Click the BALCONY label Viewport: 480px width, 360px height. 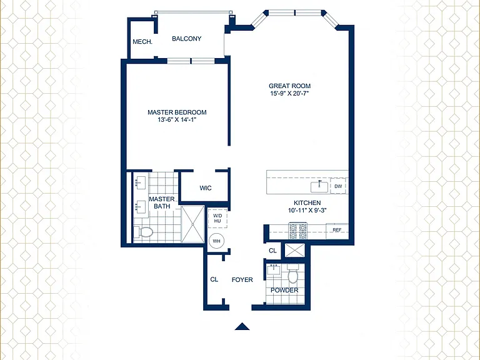point(186,39)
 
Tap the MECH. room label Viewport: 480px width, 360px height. point(142,42)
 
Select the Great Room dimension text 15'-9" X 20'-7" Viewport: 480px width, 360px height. point(289,94)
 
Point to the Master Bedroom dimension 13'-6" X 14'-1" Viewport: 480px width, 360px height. point(177,120)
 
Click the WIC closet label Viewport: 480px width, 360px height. point(206,188)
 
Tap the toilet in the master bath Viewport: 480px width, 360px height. point(143,232)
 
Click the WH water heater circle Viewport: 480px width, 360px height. point(216,241)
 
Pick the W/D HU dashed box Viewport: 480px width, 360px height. point(217,218)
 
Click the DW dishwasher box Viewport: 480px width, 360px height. point(338,186)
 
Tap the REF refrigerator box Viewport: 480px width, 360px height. point(337,230)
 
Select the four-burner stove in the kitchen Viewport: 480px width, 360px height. point(298,231)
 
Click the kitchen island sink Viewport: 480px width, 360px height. point(319,187)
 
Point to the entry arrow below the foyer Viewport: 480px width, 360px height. point(242,327)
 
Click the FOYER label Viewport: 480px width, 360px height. point(242,280)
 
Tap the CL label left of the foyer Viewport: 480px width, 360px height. point(214,279)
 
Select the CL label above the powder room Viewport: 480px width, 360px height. point(272,251)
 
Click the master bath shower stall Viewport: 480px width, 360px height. point(192,224)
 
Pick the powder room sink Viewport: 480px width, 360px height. point(274,270)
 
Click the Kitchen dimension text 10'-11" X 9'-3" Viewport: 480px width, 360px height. point(307,211)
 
